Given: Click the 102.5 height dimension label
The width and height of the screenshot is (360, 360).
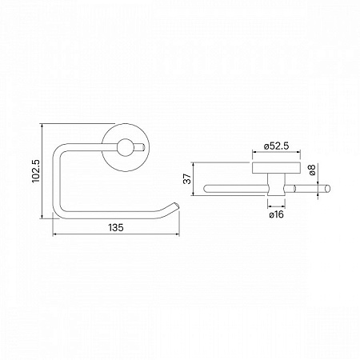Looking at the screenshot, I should click(35, 170).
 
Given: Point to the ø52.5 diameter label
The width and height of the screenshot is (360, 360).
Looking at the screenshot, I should click(274, 146).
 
